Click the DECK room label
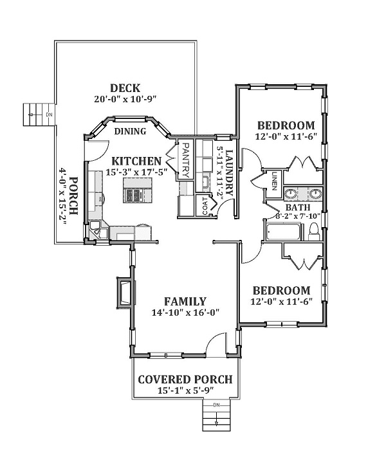(x=125, y=88)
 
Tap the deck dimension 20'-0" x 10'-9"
(x=125, y=99)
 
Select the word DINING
(x=130, y=131)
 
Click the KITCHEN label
(x=136, y=161)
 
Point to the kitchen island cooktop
(x=133, y=195)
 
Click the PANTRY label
(x=185, y=161)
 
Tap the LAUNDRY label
(x=229, y=173)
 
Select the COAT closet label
(x=205, y=206)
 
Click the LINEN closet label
(x=274, y=181)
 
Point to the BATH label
(x=298, y=207)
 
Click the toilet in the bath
(x=314, y=232)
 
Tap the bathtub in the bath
(x=284, y=232)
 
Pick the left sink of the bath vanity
(x=290, y=194)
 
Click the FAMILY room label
(x=185, y=302)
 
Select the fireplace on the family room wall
(x=125, y=293)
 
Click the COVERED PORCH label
(x=185, y=380)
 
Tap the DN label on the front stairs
(x=217, y=405)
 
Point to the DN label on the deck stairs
(x=50, y=114)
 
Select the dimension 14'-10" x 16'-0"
(x=185, y=313)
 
